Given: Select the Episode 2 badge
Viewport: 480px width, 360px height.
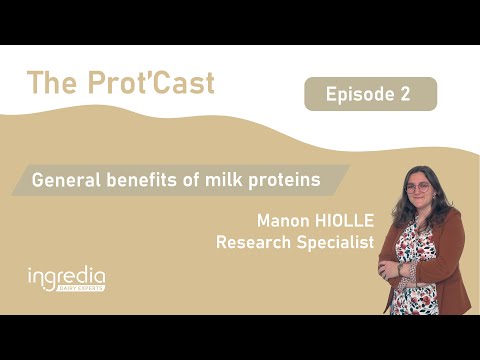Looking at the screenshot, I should tap(370, 94).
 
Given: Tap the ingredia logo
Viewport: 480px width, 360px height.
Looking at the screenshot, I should tap(66, 277).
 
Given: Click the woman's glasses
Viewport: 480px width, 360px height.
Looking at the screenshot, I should tap(419, 187).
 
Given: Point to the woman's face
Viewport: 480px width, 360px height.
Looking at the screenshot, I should tap(420, 192).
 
